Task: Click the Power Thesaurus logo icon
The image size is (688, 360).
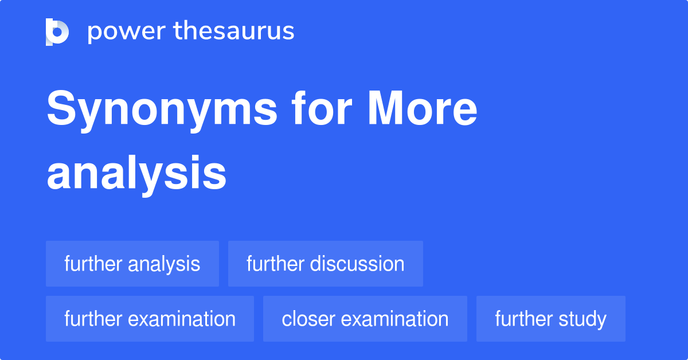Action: [x=57, y=32]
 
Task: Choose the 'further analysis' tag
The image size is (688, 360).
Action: [x=132, y=264]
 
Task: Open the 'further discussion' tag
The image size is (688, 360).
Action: [x=325, y=264]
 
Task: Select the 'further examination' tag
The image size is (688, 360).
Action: [x=150, y=319]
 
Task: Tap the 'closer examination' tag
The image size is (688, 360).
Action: [x=365, y=319]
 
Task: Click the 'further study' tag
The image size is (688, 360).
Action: [x=550, y=319]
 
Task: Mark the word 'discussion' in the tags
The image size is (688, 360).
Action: [x=357, y=264]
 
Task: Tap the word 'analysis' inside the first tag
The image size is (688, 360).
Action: [x=163, y=264]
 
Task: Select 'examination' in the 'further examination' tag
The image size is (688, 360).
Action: [x=182, y=319]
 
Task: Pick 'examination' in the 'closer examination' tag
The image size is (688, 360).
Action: [x=397, y=319]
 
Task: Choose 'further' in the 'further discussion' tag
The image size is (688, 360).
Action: [x=275, y=264]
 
